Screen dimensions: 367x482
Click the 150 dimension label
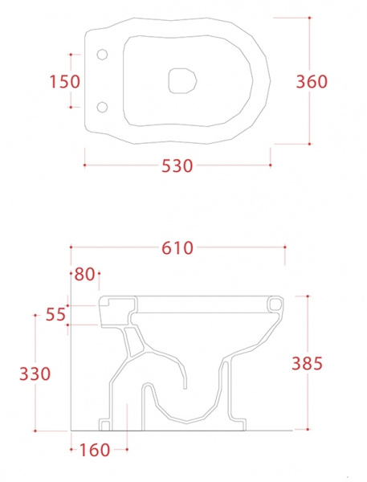(64, 82)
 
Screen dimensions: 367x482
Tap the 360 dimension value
(312, 82)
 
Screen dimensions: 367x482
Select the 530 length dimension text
(177, 166)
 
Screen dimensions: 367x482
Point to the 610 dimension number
(177, 248)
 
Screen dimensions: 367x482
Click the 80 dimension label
(84, 274)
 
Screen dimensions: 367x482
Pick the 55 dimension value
(55, 314)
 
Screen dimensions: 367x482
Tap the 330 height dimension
(35, 374)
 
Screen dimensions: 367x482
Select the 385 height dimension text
(307, 363)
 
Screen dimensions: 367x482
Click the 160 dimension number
(95, 450)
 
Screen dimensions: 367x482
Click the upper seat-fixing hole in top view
(102, 55)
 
